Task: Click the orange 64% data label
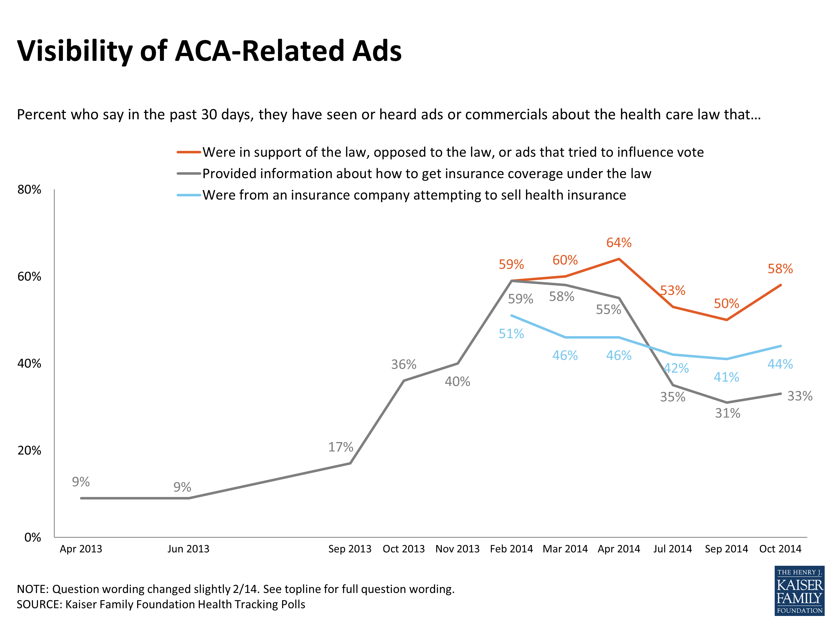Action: [618, 243]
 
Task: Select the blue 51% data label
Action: [511, 334]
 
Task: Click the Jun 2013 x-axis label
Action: [188, 549]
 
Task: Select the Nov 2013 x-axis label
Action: [457, 549]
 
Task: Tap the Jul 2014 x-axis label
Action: [672, 549]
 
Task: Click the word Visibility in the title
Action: [75, 51]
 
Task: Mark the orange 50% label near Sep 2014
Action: [726, 303]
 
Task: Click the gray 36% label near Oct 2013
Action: [403, 364]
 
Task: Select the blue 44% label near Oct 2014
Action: [780, 364]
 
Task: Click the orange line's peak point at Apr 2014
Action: [619, 259]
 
